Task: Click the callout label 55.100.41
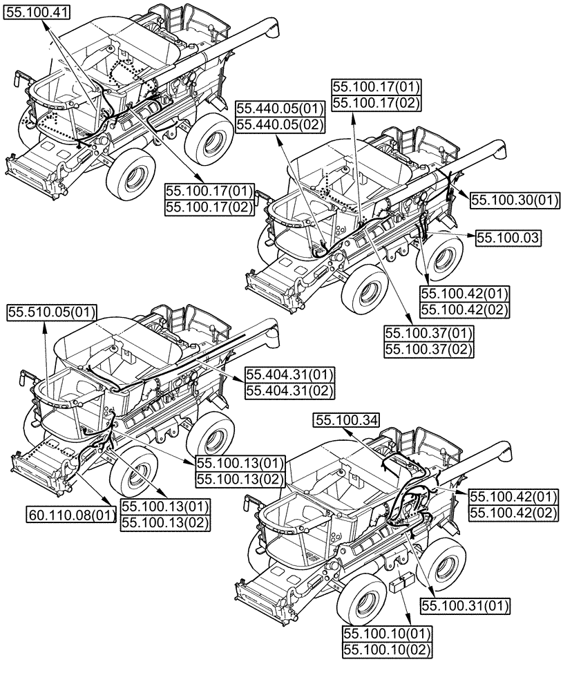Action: [x=32, y=10]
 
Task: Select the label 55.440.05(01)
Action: [x=280, y=108]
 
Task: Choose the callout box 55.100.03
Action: [x=508, y=237]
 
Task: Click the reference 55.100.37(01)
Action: [x=428, y=334]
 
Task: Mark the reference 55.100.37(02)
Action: [x=428, y=350]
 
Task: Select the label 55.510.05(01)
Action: [x=52, y=312]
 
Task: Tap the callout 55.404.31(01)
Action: [x=289, y=375]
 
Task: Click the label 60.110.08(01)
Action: [x=71, y=514]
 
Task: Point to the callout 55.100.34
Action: [x=346, y=419]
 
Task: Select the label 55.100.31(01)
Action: [x=464, y=605]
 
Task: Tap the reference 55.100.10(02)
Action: [x=387, y=650]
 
